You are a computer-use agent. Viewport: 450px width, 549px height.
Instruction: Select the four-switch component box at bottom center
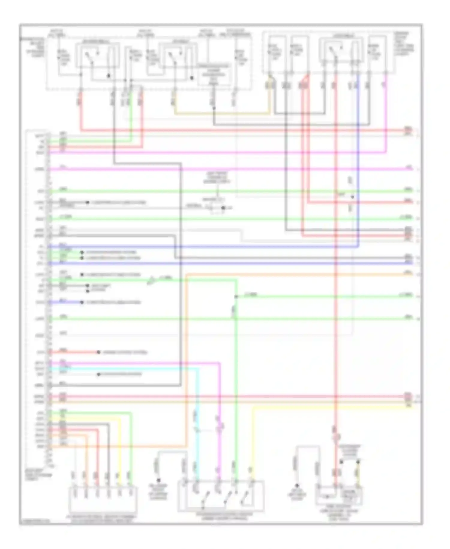coord(221,496)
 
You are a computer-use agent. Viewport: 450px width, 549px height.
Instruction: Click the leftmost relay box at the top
coord(97,55)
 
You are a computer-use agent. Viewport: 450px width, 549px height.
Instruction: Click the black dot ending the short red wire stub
coord(98,352)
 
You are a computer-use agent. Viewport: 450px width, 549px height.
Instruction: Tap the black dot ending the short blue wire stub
coord(82,302)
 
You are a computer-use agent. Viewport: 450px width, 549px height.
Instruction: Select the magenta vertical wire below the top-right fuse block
coord(386,114)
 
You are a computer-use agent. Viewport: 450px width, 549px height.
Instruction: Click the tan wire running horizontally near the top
coord(222,114)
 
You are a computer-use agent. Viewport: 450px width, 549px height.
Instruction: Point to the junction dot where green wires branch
coord(236,296)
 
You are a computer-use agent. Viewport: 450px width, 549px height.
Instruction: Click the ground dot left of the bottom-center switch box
coord(159,480)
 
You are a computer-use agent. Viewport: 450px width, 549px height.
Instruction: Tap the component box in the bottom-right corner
coord(339,495)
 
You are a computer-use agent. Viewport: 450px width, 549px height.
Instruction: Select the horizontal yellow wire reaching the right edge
coord(330,407)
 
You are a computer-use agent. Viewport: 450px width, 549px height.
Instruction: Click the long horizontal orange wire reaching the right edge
coord(300,274)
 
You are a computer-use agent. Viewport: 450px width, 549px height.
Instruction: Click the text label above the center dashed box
coord(217,177)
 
